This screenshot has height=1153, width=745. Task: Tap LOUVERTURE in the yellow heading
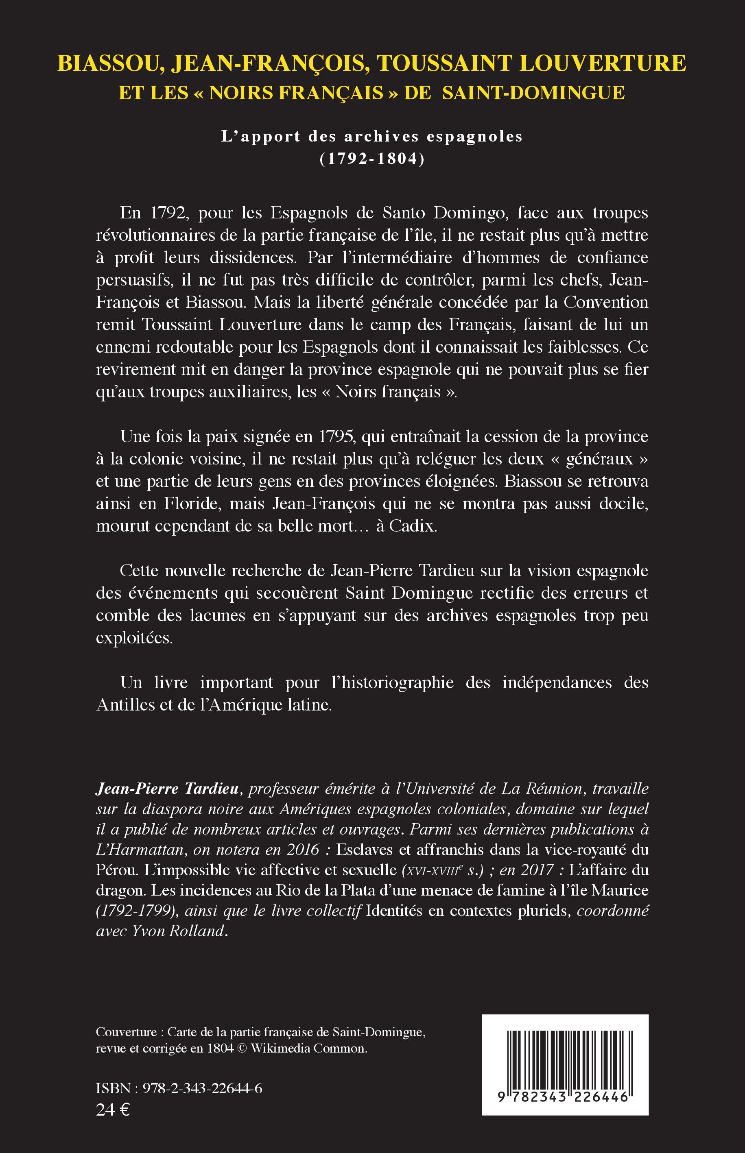[x=603, y=63]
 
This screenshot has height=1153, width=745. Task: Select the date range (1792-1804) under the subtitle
[x=372, y=159]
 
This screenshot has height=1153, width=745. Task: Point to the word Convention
[x=606, y=302]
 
